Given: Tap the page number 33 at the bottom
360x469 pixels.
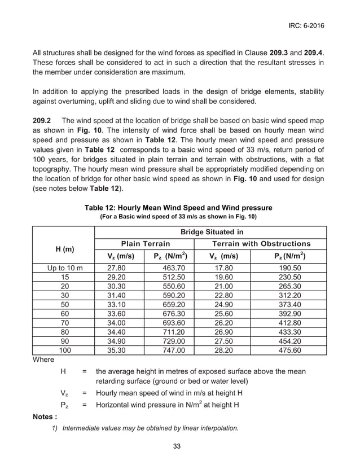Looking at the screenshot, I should [177, 446].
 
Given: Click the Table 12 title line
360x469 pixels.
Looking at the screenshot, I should [178, 207].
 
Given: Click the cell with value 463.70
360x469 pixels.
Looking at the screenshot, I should [170, 268].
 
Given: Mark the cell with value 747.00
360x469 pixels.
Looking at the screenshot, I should [170, 350].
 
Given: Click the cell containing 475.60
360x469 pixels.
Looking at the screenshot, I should [289, 350].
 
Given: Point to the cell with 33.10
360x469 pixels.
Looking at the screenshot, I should [118, 304].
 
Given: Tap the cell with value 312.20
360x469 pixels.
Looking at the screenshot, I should [289, 295].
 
